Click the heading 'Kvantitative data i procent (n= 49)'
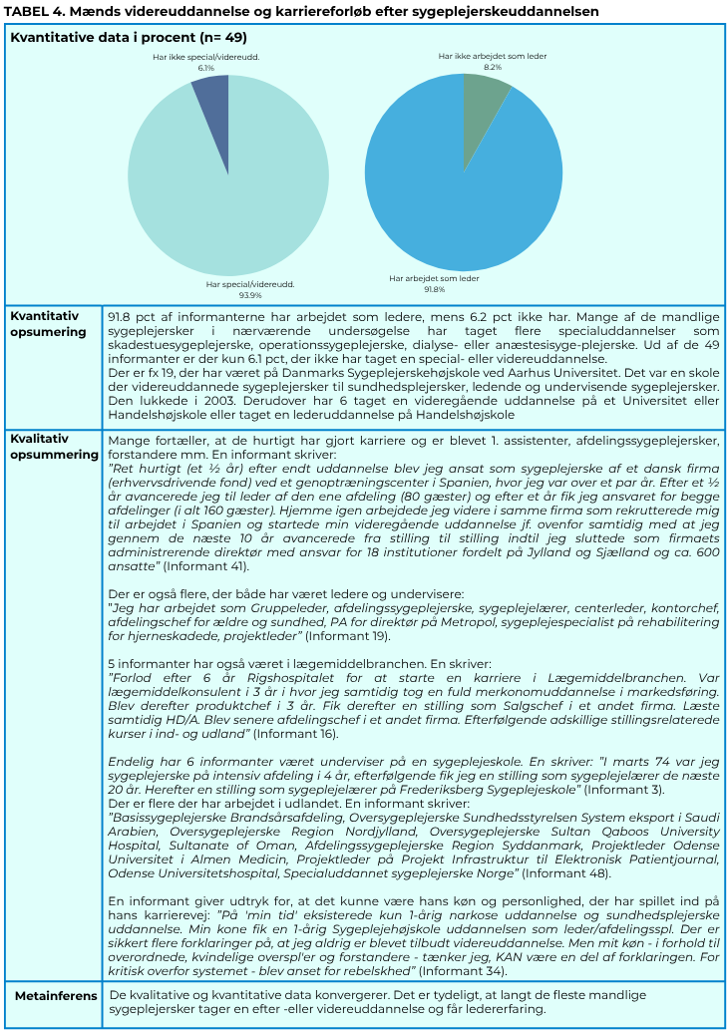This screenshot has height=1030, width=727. coord(129,37)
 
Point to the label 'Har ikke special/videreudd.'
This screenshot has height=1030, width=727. coord(206,58)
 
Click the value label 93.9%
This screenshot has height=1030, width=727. coord(249,295)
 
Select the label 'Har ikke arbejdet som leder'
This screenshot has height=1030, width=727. coord(493,57)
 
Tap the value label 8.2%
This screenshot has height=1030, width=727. coord(493,68)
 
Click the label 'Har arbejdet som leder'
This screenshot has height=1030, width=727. coord(434,278)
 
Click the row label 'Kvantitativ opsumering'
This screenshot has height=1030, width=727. coord(47,324)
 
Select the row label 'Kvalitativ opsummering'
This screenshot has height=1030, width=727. coord(54,447)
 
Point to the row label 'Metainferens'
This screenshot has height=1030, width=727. coord(56,995)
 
